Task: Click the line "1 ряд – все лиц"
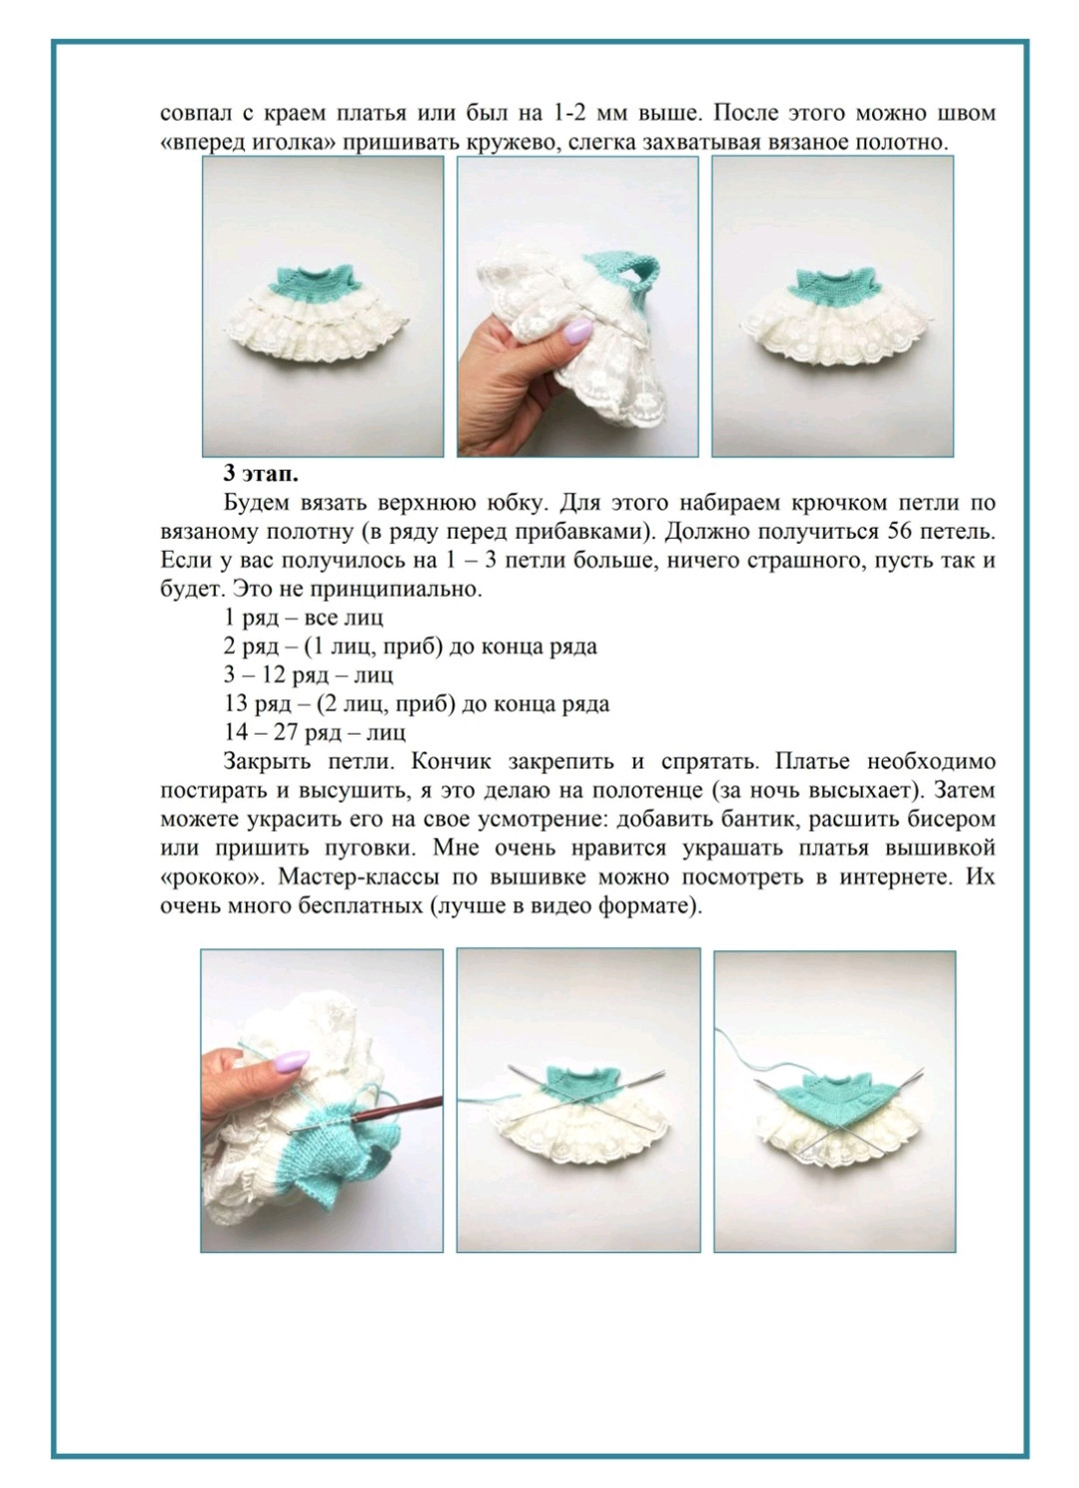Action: [304, 618]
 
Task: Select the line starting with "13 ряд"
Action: [417, 704]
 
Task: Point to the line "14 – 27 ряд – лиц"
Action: [315, 733]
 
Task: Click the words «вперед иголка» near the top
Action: [249, 142]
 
